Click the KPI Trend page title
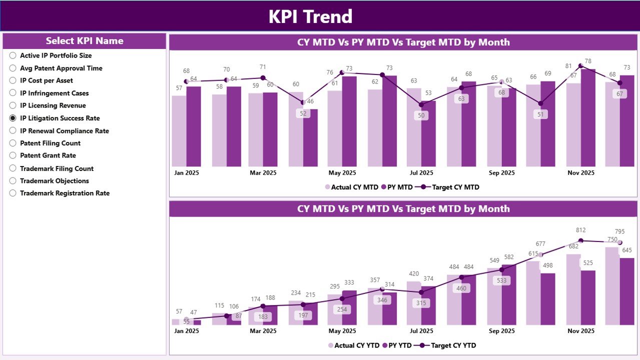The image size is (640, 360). coord(310,16)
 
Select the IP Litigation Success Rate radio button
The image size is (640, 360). coord(13,118)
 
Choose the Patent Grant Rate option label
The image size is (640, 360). coord(48,155)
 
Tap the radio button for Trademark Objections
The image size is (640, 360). coord(13,181)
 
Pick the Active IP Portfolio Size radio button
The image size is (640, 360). coord(13,55)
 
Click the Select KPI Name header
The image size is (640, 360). coord(85,41)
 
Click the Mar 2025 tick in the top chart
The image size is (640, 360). coord(263,173)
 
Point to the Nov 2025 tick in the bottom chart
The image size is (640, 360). coord(580,331)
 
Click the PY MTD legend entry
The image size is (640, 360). coord(397,187)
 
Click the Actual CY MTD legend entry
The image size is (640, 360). coord(352,187)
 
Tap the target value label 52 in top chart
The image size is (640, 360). coord(303,113)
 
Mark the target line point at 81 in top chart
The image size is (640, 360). coord(580,65)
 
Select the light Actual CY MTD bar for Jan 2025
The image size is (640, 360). coord(179,131)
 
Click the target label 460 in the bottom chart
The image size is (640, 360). coord(462,288)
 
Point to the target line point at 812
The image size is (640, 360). coord(580,240)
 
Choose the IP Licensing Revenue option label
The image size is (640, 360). coord(53,105)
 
